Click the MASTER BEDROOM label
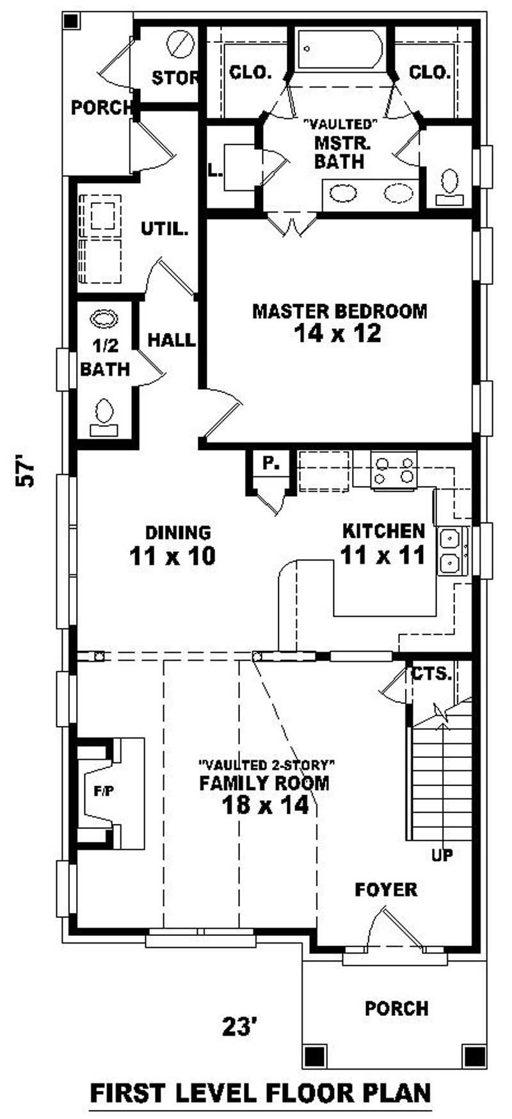pos(339,312)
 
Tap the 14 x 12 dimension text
pos(338,333)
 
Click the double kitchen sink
pos(453,552)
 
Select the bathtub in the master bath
pos(340,49)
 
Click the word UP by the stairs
pos(442,855)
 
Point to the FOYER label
pos(386,889)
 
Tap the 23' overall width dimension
pos(240,1026)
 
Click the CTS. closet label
pos(431,674)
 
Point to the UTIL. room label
pos(164,229)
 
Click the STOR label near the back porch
pos(175,79)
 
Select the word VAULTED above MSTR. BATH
pos(340,122)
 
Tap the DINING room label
pos(169,533)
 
